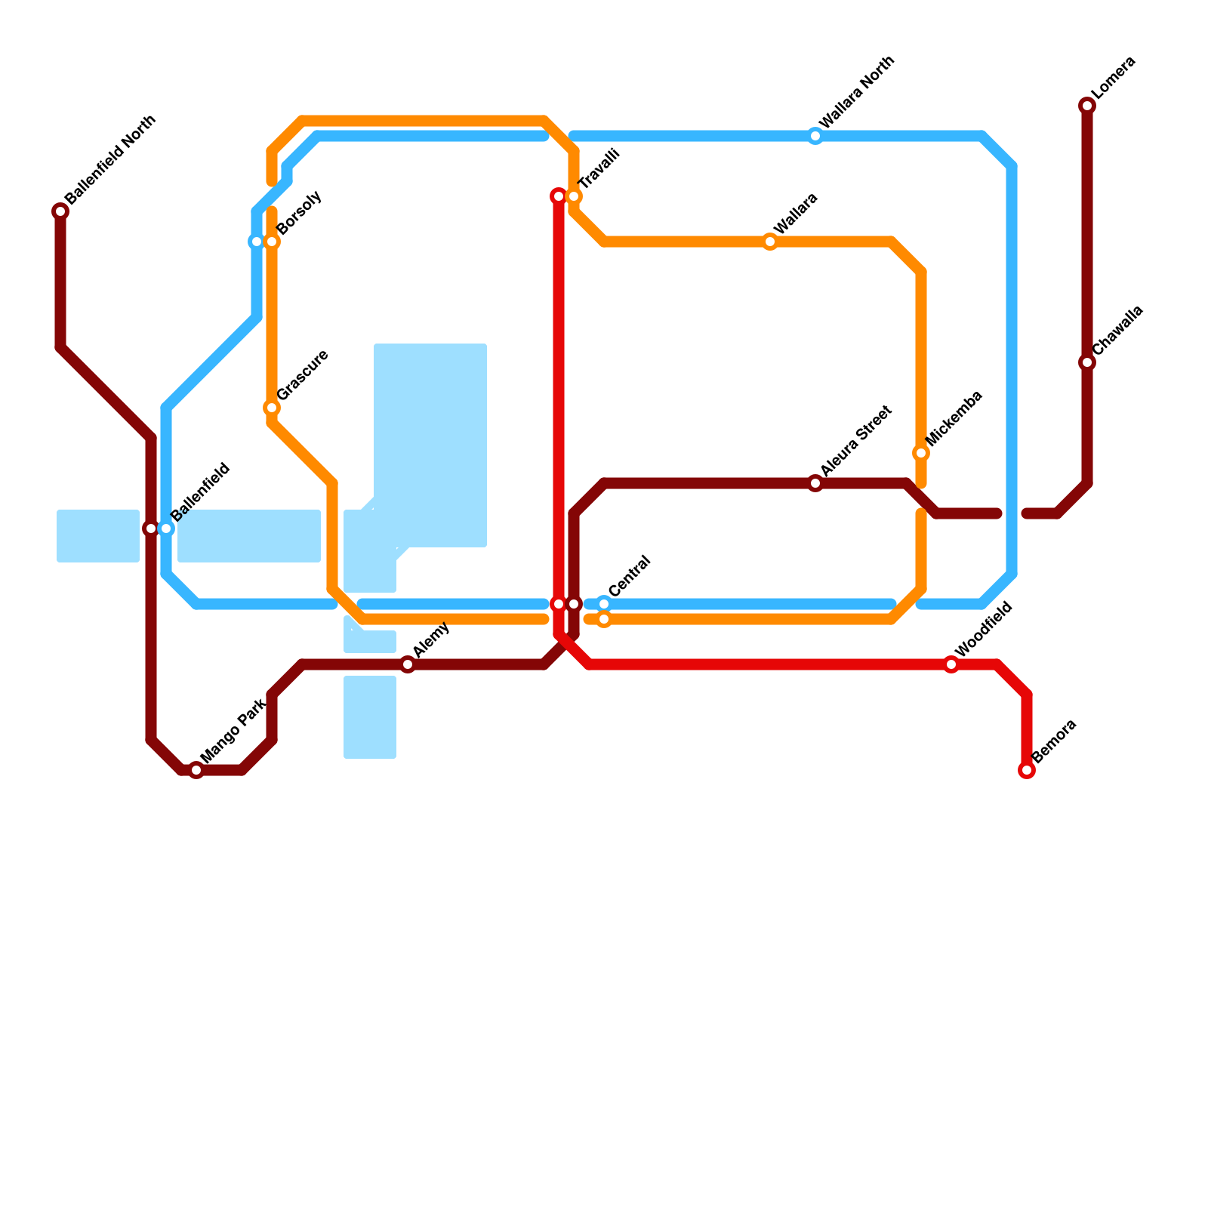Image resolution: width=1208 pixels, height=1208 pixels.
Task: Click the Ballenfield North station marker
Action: click(60, 211)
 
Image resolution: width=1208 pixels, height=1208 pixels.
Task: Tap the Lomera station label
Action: click(1114, 78)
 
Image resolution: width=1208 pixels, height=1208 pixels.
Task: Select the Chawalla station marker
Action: click(1087, 362)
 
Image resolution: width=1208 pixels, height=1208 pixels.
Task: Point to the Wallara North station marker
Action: click(815, 136)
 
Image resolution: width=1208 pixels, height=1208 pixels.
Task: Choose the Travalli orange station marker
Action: click(575, 196)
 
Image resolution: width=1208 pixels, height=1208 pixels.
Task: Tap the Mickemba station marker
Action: click(921, 453)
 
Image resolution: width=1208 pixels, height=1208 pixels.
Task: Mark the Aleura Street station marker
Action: click(815, 483)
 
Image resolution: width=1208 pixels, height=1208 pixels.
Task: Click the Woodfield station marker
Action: click(951, 664)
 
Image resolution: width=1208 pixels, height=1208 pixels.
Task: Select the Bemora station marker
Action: click(1027, 770)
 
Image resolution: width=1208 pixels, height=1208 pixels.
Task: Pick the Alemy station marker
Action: click(408, 664)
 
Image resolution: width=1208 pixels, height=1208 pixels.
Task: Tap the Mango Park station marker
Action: click(196, 770)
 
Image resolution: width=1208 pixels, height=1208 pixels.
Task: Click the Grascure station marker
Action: click(272, 408)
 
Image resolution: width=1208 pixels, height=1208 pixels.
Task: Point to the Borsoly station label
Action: click(300, 213)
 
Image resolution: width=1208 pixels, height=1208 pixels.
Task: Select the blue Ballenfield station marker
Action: click(167, 528)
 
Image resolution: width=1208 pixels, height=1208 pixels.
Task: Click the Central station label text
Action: click(629, 576)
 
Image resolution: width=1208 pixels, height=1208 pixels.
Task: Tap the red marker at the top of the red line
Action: click(559, 196)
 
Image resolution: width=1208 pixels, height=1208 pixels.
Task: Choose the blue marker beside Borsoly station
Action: click(256, 242)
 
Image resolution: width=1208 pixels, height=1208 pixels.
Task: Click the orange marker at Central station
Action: click(604, 620)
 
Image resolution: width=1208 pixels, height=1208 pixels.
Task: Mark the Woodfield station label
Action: click(983, 630)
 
